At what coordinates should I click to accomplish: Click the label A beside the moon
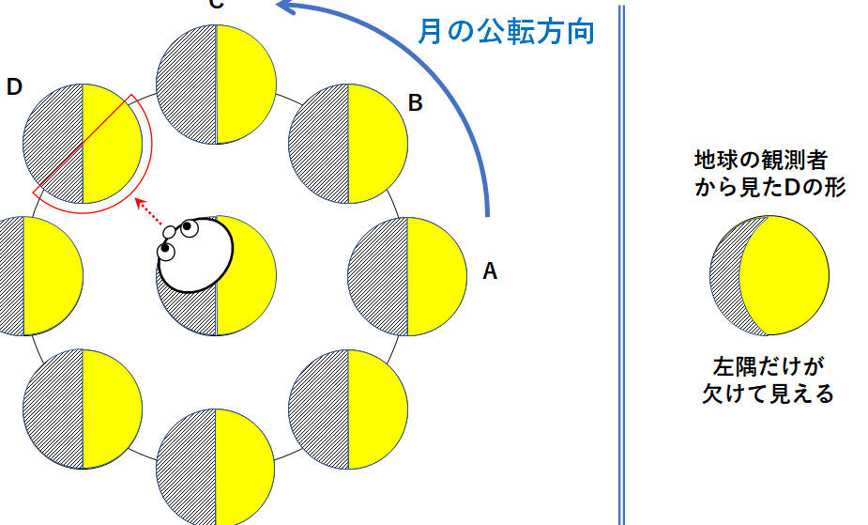pos(489,272)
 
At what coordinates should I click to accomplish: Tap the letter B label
pos(415,103)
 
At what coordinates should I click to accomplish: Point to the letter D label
pos(14,87)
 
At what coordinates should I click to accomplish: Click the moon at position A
pos(407,276)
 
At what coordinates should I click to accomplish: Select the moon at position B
pos(348,144)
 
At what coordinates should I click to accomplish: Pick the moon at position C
pos(216,85)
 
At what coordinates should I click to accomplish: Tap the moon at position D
pos(83,144)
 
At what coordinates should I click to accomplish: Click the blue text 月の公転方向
pos(506,32)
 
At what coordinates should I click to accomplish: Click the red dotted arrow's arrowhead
pos(140,202)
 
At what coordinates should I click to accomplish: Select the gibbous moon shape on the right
pos(769,275)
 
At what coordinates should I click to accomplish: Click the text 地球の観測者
pos(761,158)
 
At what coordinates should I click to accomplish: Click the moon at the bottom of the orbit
pos(216,466)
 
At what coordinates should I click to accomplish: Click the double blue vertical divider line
pos(621,263)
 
